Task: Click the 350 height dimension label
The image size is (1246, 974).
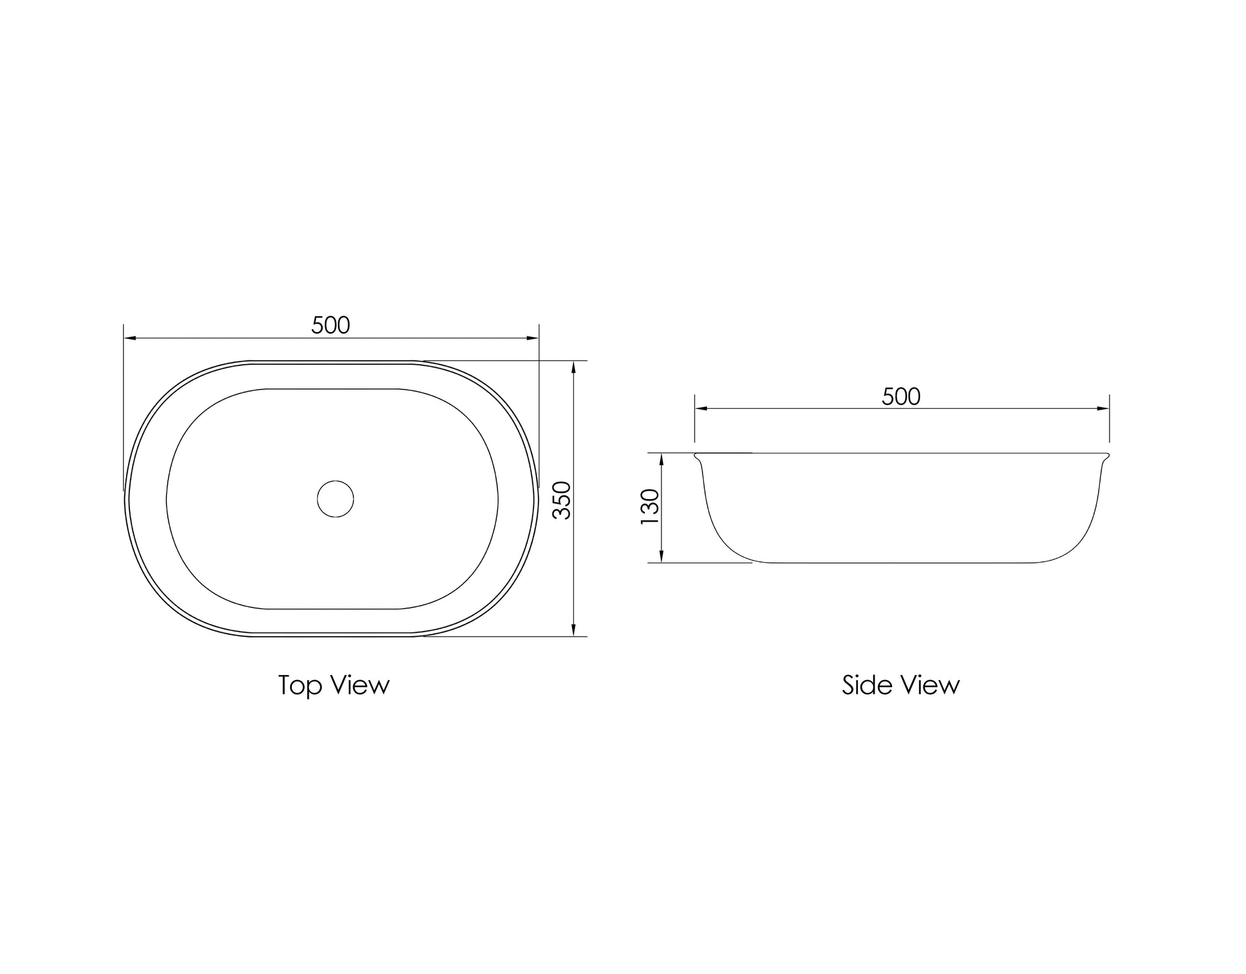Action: click(x=562, y=500)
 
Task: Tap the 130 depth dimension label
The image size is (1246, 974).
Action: click(x=649, y=507)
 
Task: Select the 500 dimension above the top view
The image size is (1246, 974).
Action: click(x=330, y=326)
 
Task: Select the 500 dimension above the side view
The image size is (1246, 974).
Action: click(x=901, y=397)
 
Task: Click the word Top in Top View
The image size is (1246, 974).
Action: click(x=300, y=686)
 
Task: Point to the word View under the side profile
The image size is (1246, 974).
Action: click(x=930, y=685)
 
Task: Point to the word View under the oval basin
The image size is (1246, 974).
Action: click(x=360, y=685)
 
